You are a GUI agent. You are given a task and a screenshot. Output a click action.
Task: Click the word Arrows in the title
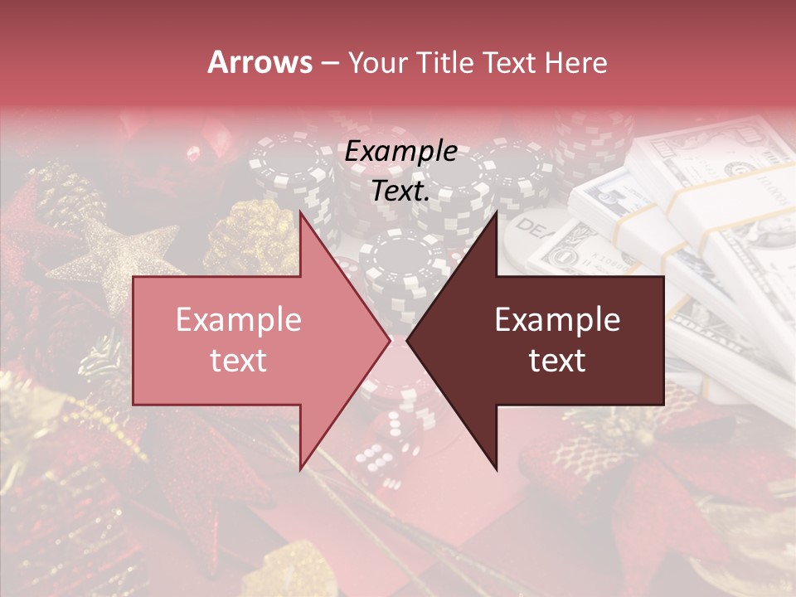[x=260, y=62]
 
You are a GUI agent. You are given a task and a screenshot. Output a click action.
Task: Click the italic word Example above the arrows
[x=401, y=152]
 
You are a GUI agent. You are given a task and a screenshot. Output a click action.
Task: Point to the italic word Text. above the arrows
[x=401, y=191]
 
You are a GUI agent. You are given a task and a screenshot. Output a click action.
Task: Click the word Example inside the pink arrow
[x=239, y=320]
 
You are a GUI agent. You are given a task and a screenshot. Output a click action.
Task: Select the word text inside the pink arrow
[x=239, y=361]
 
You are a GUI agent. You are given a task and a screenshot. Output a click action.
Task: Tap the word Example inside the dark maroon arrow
[x=557, y=320]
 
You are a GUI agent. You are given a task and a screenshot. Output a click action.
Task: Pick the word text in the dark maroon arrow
[x=557, y=361]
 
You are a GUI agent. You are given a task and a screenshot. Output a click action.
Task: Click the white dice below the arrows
[x=381, y=452]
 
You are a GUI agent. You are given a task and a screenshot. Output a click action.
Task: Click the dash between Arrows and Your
[x=329, y=63]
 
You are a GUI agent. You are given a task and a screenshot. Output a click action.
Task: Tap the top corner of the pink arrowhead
[x=301, y=214]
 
